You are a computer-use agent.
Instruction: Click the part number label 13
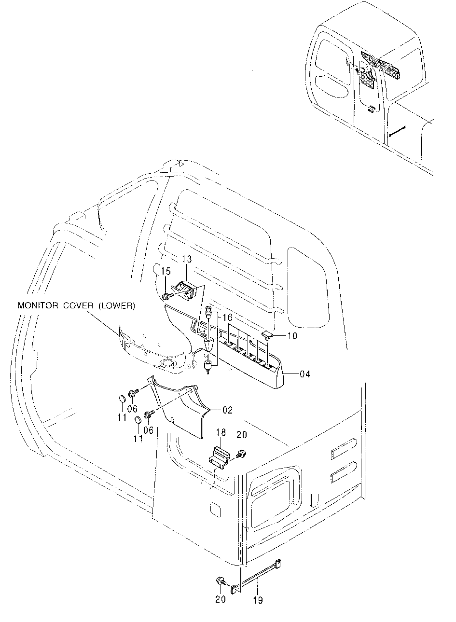click(x=186, y=260)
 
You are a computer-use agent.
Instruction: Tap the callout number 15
click(x=166, y=272)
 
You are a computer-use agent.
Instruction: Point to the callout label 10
click(x=292, y=336)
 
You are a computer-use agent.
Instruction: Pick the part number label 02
click(x=227, y=410)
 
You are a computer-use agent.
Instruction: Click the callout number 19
click(x=258, y=600)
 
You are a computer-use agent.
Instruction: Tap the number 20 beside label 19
click(x=221, y=599)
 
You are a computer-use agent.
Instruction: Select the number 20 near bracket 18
click(x=241, y=435)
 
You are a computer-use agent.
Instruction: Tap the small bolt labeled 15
click(x=167, y=295)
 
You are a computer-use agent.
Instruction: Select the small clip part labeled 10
click(x=267, y=334)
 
